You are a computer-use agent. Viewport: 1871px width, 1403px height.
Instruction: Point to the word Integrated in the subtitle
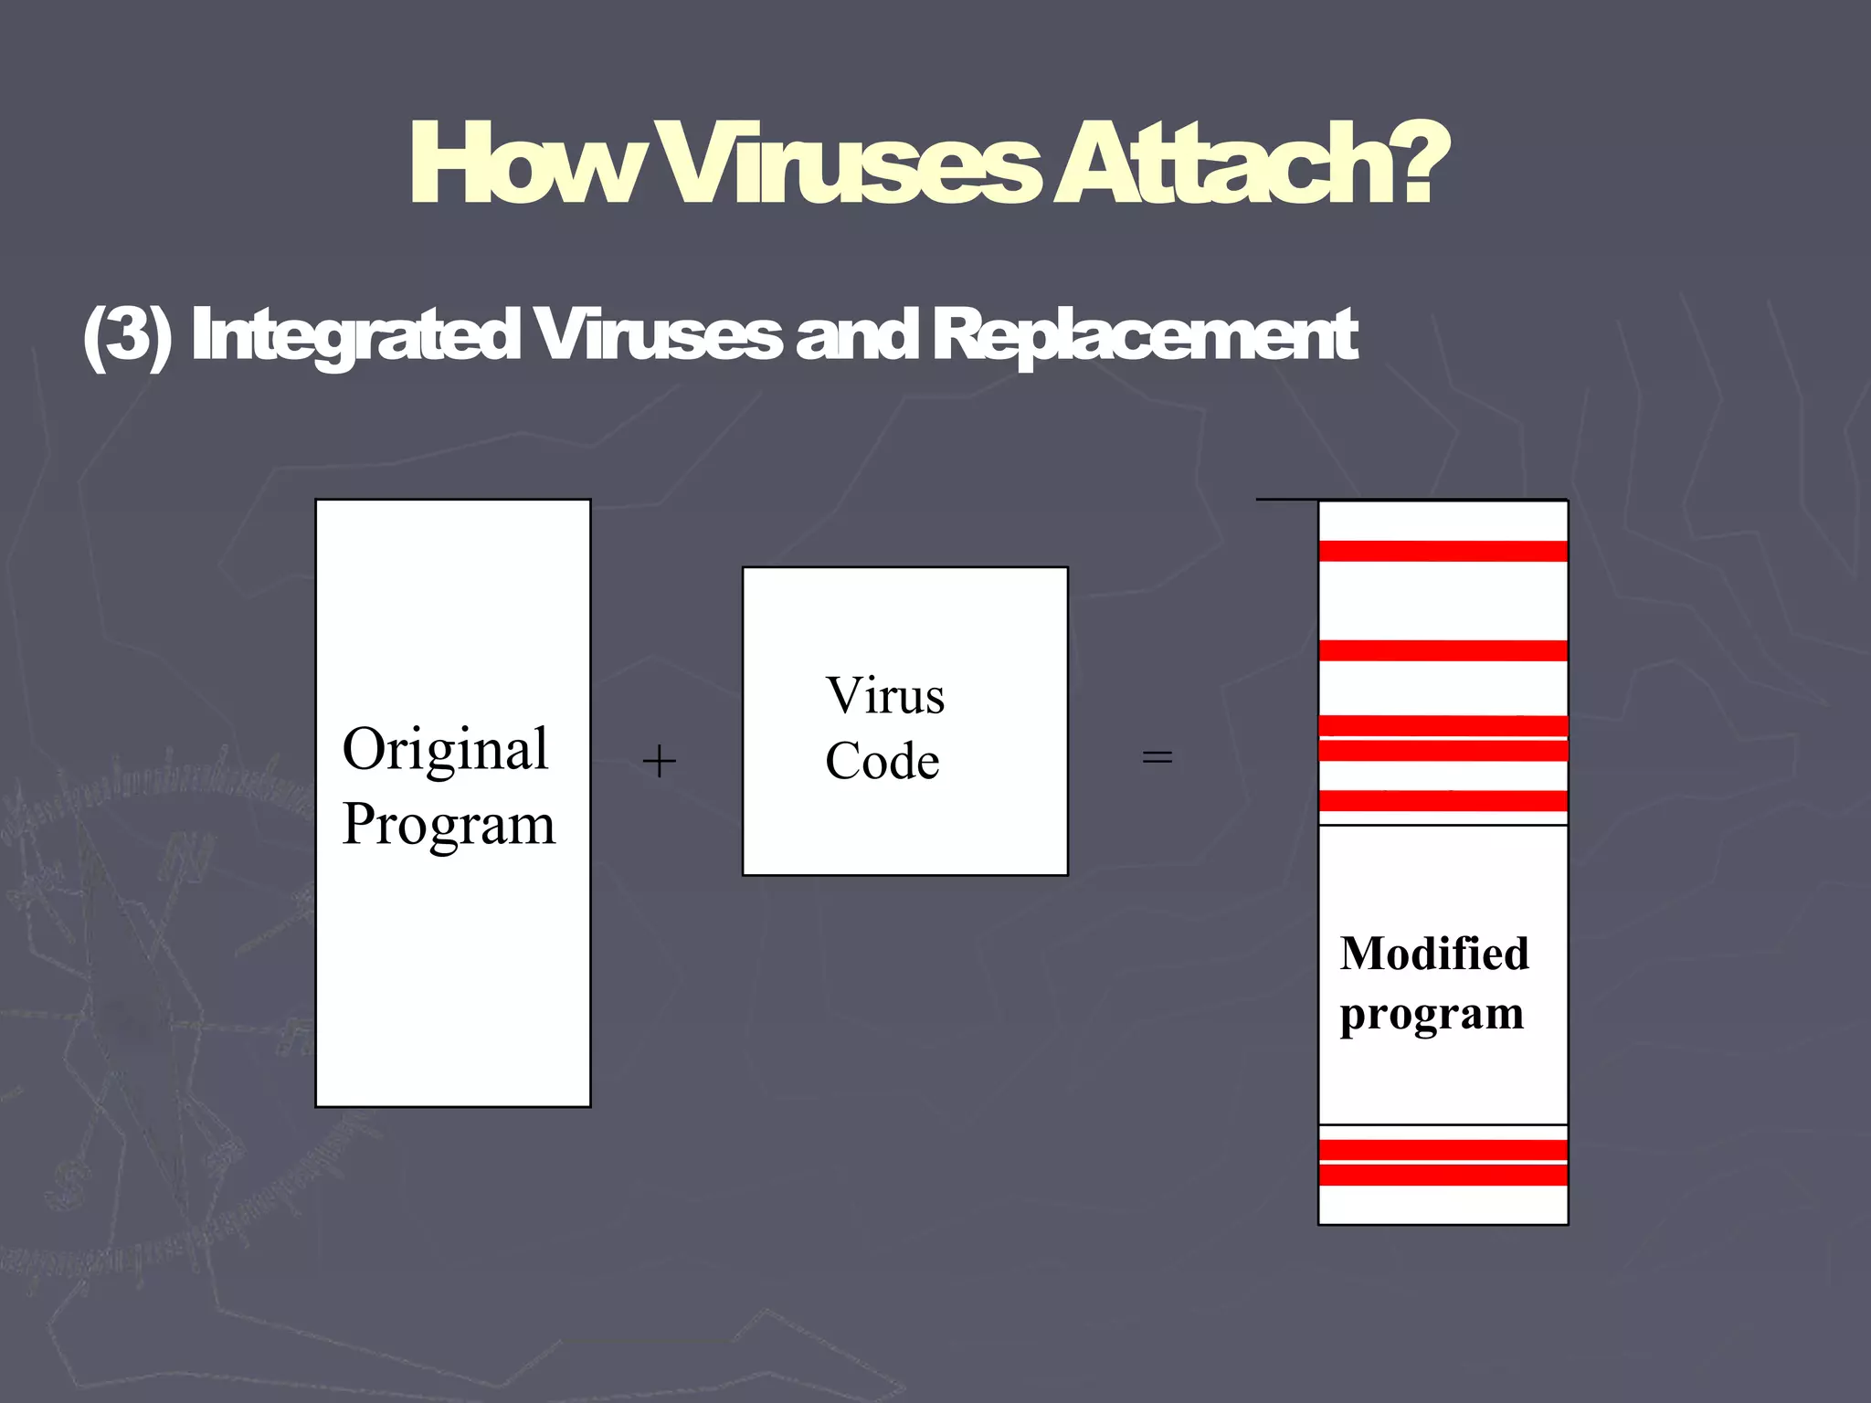356,336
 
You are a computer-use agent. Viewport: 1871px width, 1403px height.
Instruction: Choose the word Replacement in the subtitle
1146,336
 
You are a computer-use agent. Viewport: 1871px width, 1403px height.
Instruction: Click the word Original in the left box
446,749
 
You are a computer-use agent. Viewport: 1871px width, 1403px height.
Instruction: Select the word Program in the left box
449,825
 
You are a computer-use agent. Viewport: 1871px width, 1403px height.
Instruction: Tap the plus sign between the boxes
659,761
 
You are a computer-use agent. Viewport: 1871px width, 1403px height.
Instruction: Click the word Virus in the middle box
884,696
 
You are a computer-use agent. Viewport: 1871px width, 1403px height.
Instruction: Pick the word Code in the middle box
882,761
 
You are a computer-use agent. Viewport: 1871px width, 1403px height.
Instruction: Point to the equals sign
1157,757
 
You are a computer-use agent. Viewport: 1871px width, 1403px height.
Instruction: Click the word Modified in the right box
1434,954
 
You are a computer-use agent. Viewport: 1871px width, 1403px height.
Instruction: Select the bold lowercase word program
1432,1015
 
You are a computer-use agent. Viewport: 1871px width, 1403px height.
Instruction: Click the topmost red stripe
1443,551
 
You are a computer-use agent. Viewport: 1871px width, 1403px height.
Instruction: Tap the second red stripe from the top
1443,650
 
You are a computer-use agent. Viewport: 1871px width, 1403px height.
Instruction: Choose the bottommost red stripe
1443,1175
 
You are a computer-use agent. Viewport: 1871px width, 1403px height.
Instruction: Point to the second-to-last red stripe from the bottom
1443,1150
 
